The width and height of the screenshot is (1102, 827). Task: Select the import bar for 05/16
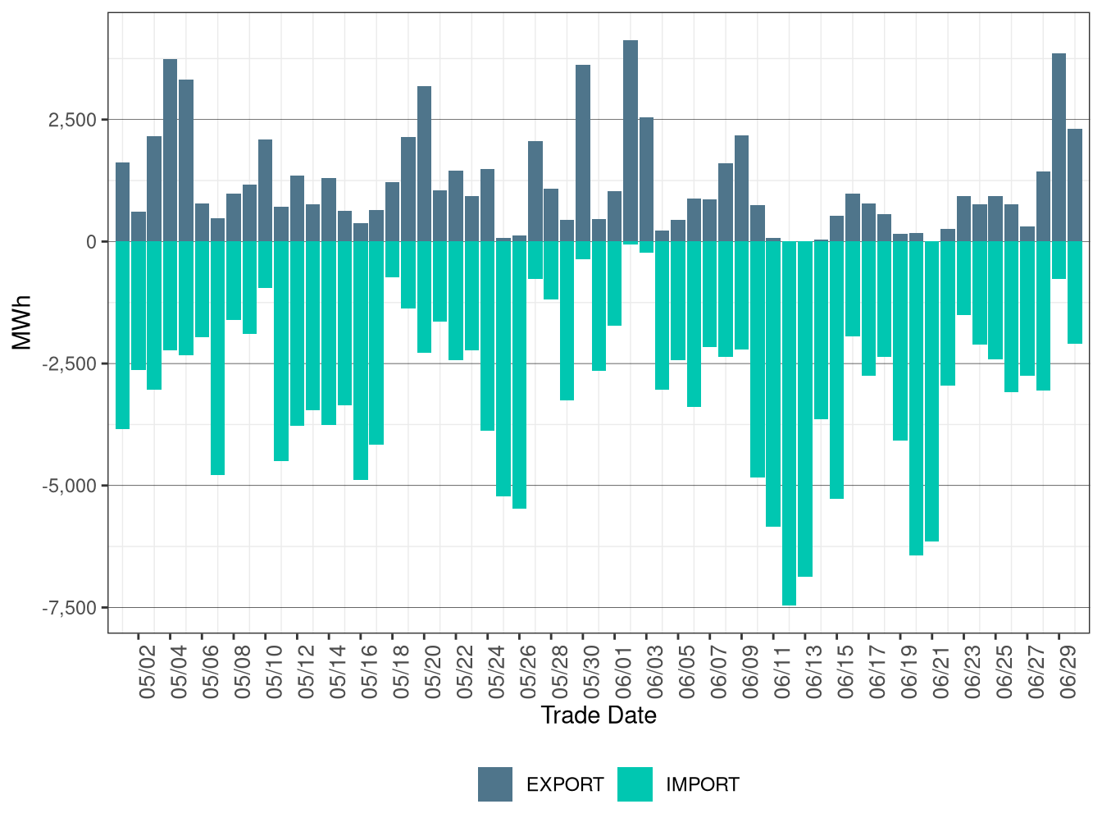coord(361,360)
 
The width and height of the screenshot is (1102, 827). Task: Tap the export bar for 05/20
coord(424,163)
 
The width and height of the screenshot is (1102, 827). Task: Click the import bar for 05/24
coord(488,336)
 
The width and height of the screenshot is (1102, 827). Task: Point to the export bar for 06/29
coord(1059,147)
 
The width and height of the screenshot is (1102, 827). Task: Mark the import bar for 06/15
coord(837,370)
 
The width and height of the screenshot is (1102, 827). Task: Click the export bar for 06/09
coord(742,188)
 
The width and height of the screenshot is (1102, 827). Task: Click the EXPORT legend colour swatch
coord(495,784)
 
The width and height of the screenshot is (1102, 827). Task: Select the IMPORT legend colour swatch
coord(635,784)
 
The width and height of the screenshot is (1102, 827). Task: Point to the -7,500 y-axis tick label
coord(73,608)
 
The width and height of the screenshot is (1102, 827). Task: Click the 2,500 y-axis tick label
coord(73,120)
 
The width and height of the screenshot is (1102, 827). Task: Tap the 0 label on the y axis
coord(91,242)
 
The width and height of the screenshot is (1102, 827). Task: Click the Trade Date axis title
coord(599,715)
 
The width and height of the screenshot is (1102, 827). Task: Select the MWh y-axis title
coord(22,323)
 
